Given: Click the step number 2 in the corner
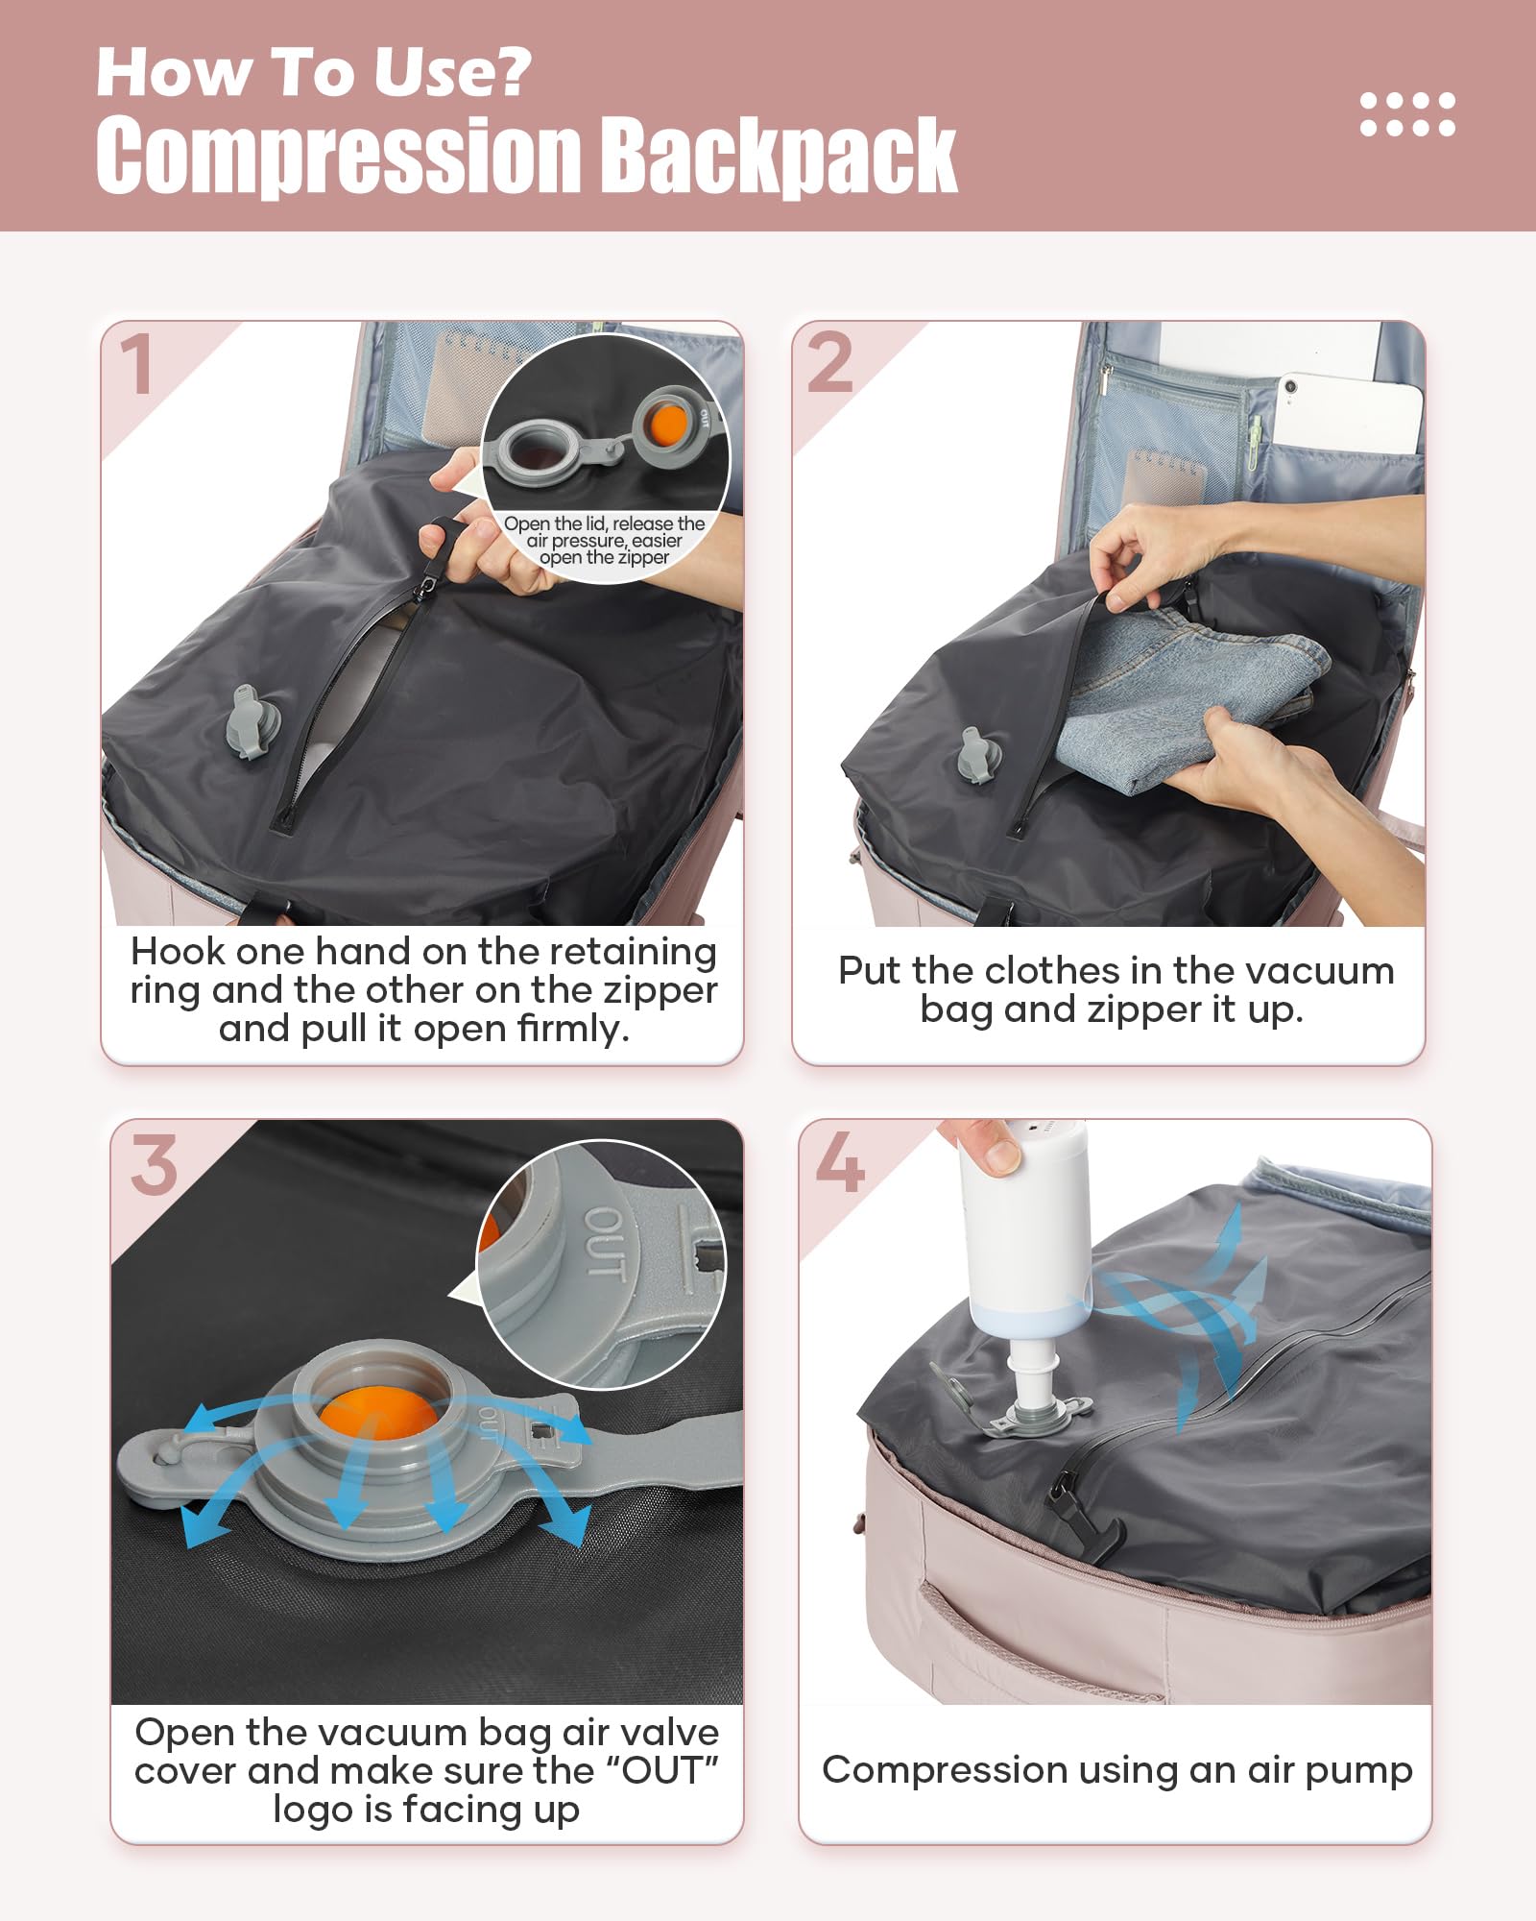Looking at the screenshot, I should click(830, 363).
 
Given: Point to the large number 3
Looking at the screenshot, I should click(154, 1165).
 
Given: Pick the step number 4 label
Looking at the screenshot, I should click(839, 1162).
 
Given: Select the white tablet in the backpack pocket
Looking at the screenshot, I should click(1349, 413).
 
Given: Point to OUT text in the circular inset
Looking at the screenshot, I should click(606, 1243).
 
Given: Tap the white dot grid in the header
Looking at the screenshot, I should click(1407, 114).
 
